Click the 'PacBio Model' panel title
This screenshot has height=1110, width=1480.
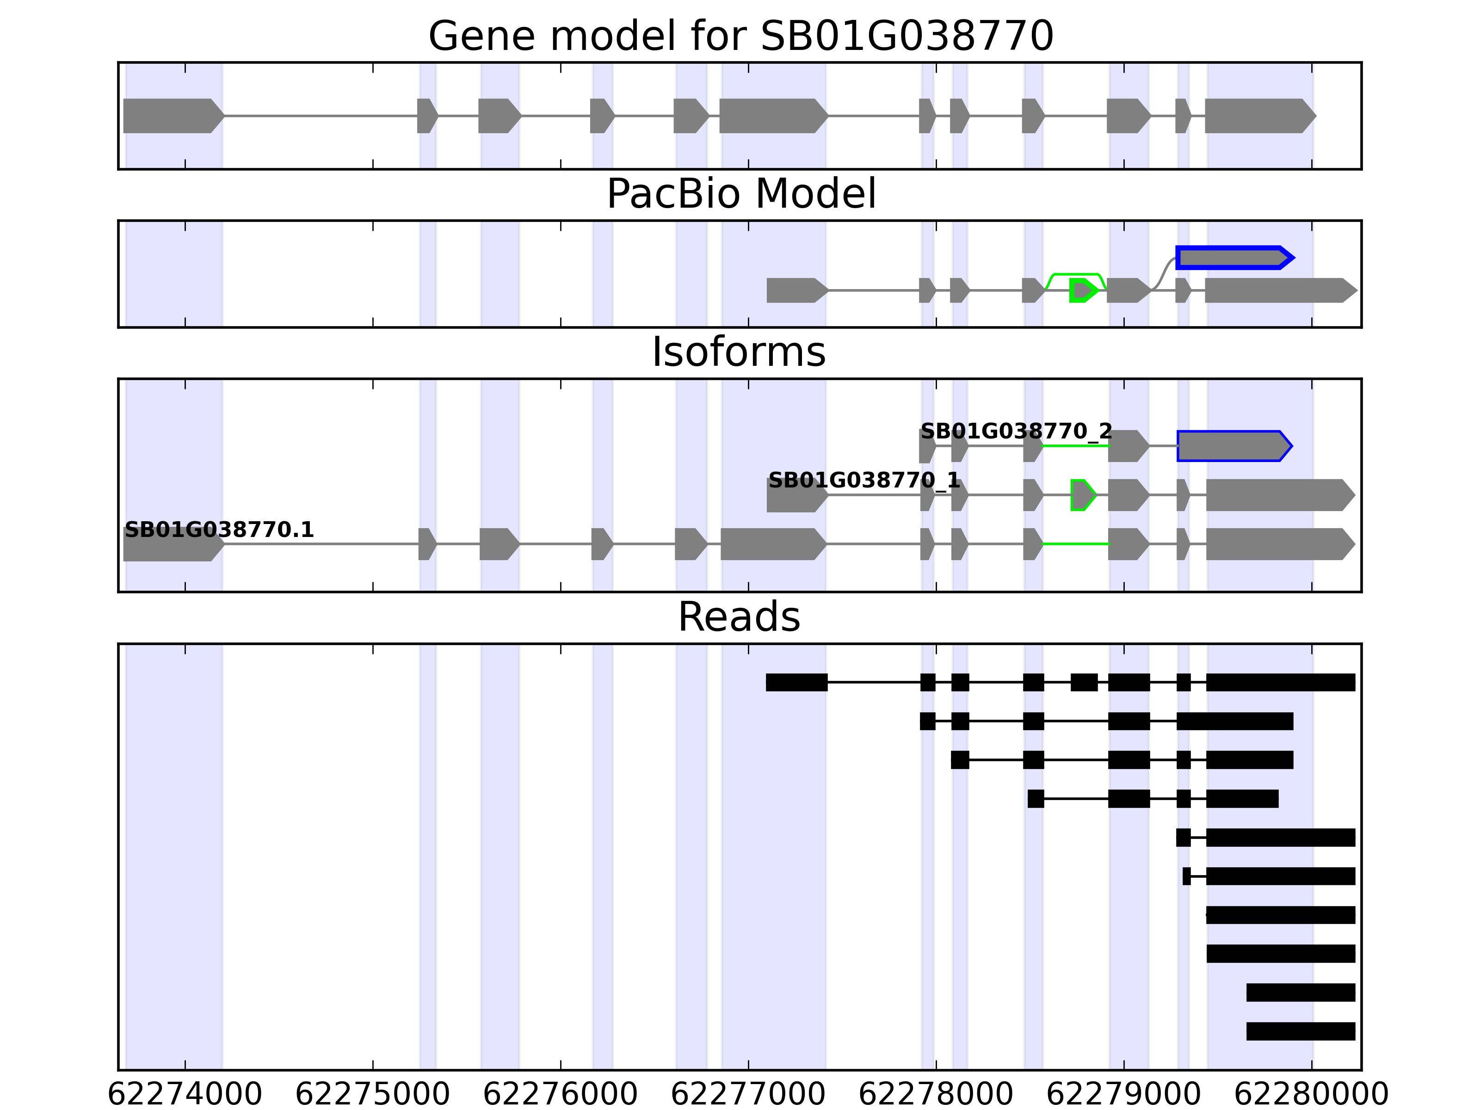tap(740, 194)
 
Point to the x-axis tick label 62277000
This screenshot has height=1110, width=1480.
tap(748, 1095)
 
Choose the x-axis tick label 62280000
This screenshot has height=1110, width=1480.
tap(1311, 1095)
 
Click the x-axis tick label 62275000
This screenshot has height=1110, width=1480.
tap(373, 1095)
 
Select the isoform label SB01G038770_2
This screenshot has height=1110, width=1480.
tap(1016, 431)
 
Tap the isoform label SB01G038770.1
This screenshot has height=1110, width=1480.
tap(220, 530)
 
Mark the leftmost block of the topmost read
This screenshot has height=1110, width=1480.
tap(796, 683)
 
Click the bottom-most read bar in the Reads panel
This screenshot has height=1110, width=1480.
tap(1300, 1031)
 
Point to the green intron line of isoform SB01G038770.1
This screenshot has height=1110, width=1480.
tap(1075, 544)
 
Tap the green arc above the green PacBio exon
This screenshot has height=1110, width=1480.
tap(1075, 274)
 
